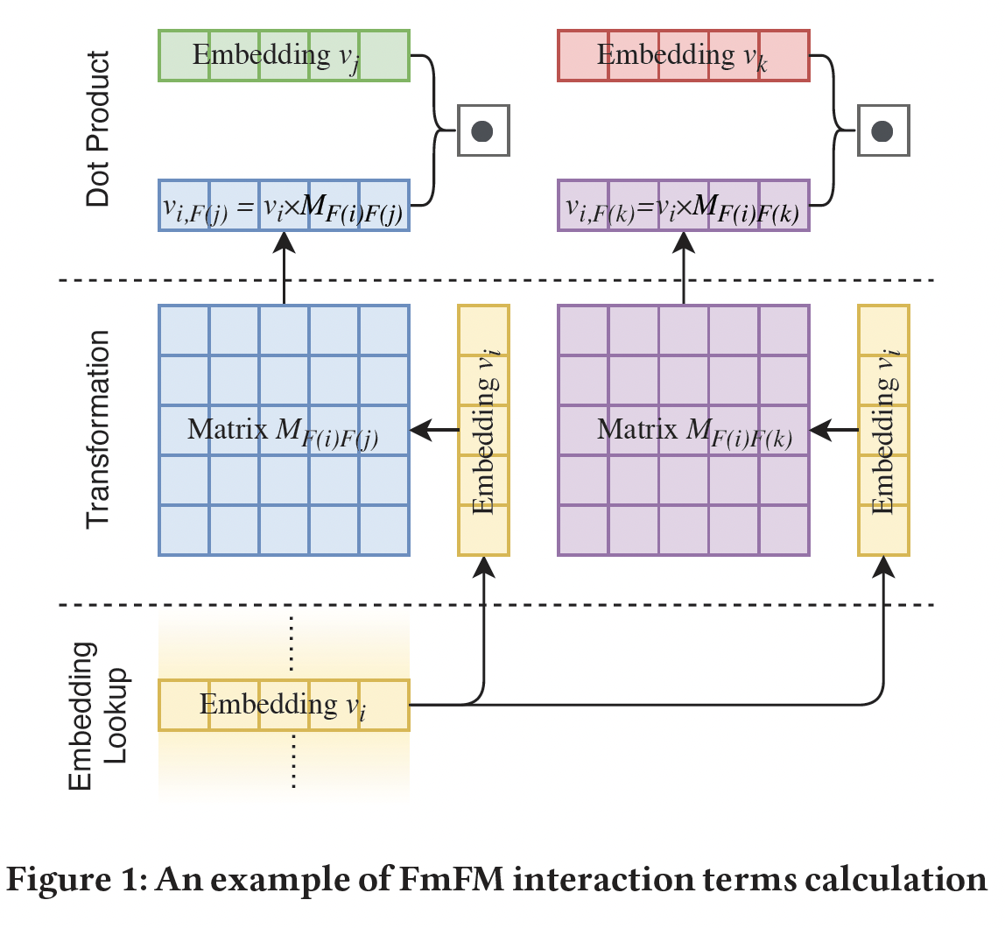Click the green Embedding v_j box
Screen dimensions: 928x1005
coord(284,56)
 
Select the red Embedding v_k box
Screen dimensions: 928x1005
coord(684,56)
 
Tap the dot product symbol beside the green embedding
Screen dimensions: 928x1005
coord(482,131)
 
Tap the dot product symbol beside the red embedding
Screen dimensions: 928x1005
coord(883,131)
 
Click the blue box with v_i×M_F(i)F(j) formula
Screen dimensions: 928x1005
coord(284,207)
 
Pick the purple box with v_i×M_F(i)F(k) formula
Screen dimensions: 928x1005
coord(684,207)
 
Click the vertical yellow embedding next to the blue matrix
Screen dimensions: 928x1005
coord(483,430)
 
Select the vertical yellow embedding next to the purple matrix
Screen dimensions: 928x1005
coord(883,430)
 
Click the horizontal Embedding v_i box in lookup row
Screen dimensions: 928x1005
coord(284,705)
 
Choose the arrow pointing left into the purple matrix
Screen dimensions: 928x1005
coord(835,430)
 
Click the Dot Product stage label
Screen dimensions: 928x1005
coord(99,130)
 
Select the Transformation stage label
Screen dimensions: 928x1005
coord(99,429)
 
